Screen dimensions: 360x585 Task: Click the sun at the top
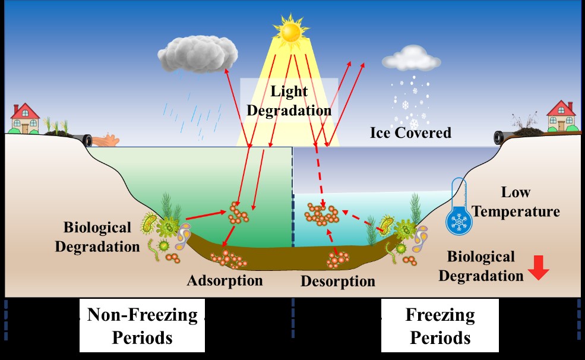[x=291, y=30]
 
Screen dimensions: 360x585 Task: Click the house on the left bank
[x=25, y=118]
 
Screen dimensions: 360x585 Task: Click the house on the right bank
[x=561, y=116]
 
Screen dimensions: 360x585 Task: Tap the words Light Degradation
[x=289, y=100]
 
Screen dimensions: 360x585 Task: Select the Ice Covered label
[x=410, y=132]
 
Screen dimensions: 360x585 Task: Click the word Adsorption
[x=224, y=280]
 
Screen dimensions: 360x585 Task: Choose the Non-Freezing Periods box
[x=142, y=326]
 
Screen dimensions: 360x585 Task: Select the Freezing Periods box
[x=440, y=326]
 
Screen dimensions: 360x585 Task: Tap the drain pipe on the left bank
[x=88, y=140]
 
